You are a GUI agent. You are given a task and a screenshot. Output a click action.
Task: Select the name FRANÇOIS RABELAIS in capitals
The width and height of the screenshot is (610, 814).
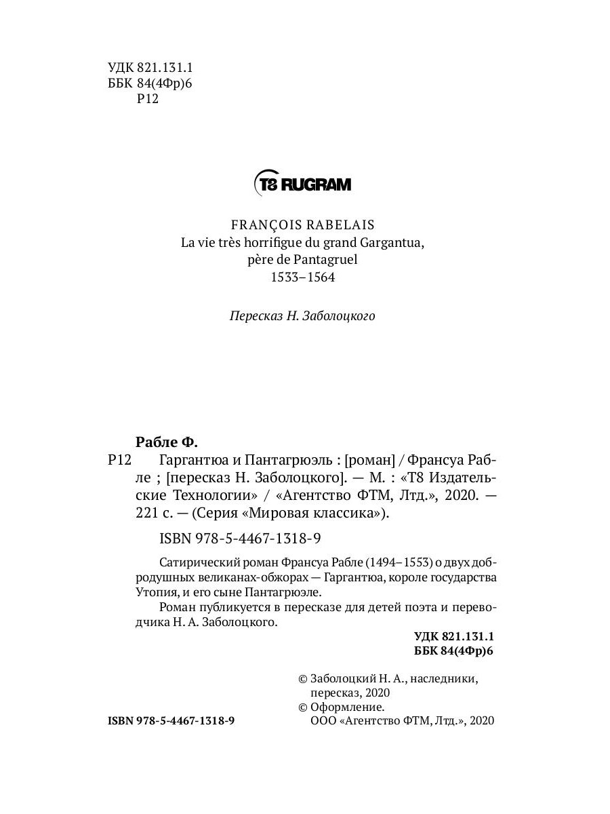[x=303, y=224]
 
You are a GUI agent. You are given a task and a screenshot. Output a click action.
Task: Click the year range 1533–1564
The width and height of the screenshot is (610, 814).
[x=303, y=277]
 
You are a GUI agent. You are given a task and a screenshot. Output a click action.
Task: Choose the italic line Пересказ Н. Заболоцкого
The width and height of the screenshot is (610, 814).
[x=302, y=316]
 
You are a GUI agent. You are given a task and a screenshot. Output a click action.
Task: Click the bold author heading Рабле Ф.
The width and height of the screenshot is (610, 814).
[x=166, y=442]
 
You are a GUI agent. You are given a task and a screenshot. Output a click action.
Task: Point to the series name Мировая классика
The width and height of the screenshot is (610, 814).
[x=329, y=513]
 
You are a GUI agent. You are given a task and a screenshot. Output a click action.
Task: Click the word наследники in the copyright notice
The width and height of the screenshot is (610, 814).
[x=445, y=678]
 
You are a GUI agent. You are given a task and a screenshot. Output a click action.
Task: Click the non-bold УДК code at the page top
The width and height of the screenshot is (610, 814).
[x=150, y=67]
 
